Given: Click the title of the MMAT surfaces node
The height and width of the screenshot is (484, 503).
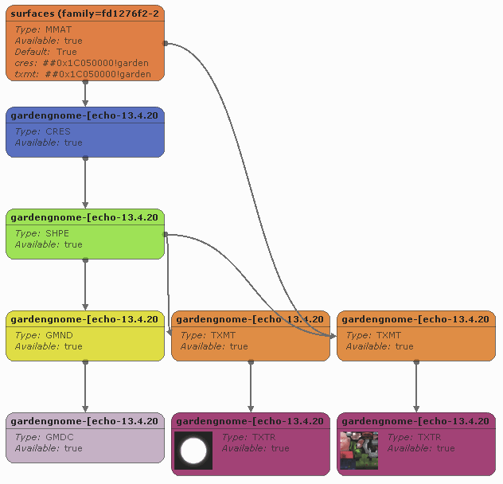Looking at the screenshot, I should pyautogui.click(x=84, y=14).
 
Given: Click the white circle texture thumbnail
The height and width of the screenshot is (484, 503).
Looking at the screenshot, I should pyautogui.click(x=193, y=451).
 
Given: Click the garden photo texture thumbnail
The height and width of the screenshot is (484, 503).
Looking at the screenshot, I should pyautogui.click(x=359, y=451).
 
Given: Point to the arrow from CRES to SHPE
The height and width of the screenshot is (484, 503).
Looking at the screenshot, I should pyautogui.click(x=85, y=183).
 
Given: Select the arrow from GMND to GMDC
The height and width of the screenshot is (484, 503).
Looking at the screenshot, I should pyautogui.click(x=85, y=387).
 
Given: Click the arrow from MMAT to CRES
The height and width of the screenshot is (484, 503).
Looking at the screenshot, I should pyautogui.click(x=85, y=94).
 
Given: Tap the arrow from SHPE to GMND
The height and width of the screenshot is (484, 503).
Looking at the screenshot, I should pyautogui.click(x=85, y=285).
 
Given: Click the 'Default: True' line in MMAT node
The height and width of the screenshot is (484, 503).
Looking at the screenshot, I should pyautogui.click(x=45, y=52).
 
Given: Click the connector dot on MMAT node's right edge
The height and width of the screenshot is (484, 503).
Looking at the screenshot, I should pyautogui.click(x=165, y=43).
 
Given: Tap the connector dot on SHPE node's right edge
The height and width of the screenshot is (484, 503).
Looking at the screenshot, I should pyautogui.click(x=165, y=234).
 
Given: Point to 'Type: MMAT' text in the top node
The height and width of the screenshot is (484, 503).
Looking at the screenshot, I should pyautogui.click(x=43, y=29).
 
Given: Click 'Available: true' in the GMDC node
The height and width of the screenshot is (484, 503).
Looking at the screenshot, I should pyautogui.click(x=49, y=448).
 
